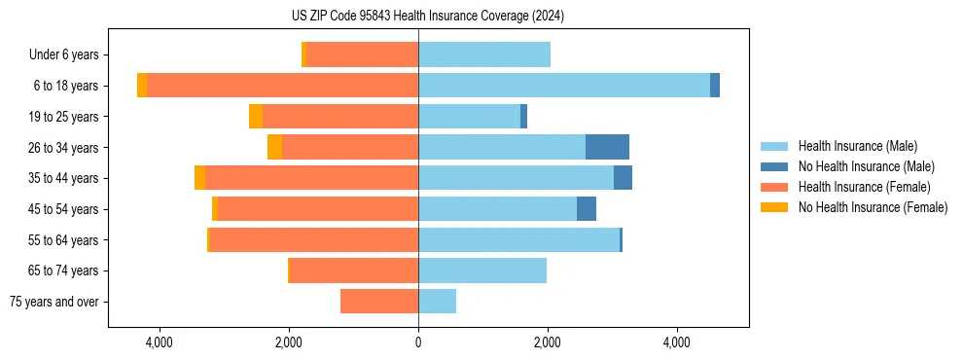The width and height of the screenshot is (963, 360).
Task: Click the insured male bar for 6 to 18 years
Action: (x=564, y=86)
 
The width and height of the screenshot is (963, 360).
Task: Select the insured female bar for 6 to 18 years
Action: (x=282, y=86)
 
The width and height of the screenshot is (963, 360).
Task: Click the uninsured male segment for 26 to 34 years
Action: (x=607, y=147)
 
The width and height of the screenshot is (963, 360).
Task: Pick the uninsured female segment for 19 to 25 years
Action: (x=256, y=117)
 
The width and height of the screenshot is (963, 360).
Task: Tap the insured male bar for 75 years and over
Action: (x=437, y=302)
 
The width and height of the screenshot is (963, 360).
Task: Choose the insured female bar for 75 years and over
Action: (x=379, y=302)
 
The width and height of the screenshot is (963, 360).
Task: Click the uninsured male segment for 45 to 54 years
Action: (x=587, y=209)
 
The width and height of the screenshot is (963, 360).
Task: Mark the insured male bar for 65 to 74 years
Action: (x=482, y=270)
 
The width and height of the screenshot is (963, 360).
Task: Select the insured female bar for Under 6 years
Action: (x=362, y=54)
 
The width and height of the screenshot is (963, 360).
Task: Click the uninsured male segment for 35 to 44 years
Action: (x=623, y=178)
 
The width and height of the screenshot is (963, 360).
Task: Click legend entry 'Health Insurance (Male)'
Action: (x=857, y=146)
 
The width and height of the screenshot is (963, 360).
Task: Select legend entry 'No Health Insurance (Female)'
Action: (x=873, y=207)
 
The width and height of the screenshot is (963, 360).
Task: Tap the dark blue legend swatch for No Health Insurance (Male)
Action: (x=775, y=166)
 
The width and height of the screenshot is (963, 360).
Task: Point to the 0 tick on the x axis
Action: (x=418, y=342)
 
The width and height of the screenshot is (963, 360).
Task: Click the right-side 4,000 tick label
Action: (x=677, y=342)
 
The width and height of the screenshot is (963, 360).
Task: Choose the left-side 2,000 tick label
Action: (x=289, y=342)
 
